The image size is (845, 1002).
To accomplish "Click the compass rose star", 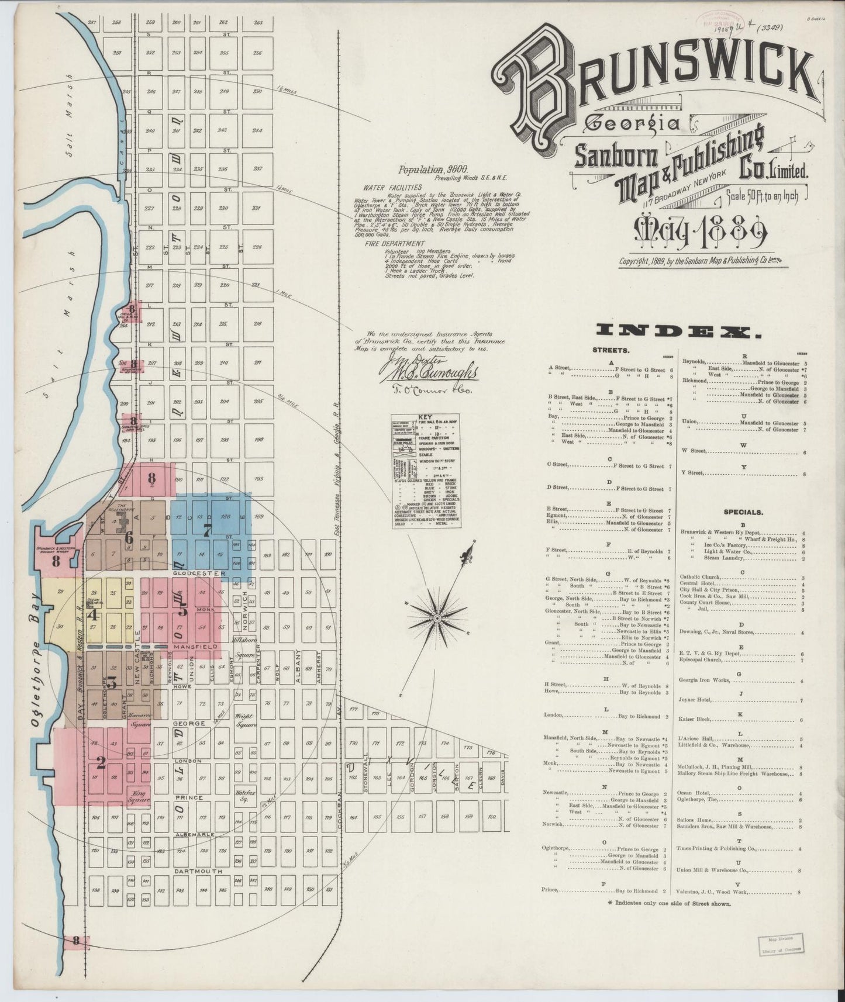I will [437, 617].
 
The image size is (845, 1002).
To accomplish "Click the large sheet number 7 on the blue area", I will [206, 531].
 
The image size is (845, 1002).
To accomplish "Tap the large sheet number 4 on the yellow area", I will [92, 614].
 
